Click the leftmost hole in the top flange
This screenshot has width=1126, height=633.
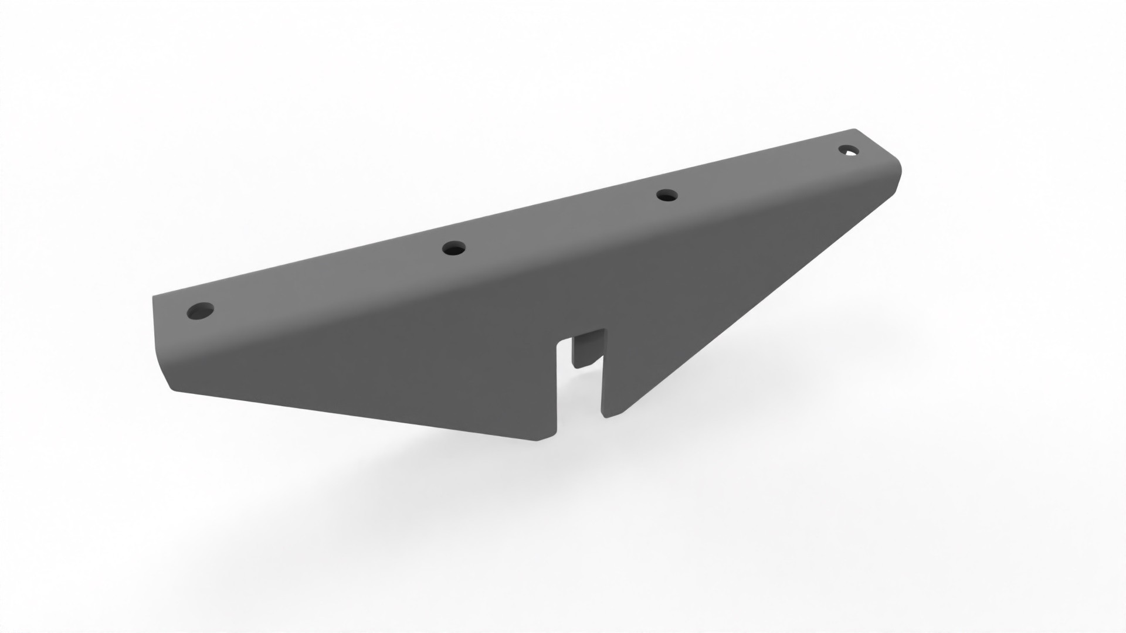tap(200, 311)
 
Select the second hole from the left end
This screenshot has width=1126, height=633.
tap(454, 249)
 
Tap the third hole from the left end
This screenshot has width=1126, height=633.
tap(666, 195)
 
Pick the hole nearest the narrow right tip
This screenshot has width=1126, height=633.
tap(848, 151)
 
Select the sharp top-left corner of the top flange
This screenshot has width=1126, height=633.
tap(154, 297)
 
